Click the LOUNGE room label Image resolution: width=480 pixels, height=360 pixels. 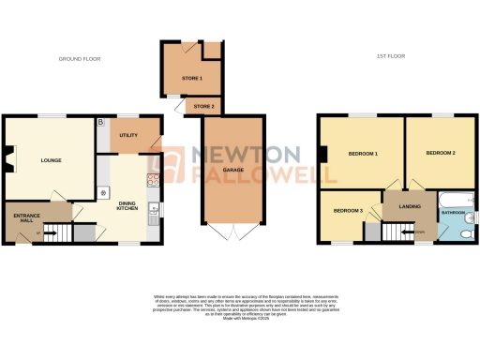point(51,160)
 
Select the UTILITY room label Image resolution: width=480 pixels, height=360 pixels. point(128,136)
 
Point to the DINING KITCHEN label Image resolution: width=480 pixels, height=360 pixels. point(127,206)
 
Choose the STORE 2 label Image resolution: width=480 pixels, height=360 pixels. point(203,107)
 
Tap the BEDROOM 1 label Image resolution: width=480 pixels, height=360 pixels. point(362,153)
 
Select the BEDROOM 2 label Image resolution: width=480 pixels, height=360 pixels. point(440,153)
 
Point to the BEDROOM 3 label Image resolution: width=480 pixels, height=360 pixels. point(348,210)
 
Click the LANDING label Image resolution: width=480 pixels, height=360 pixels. point(410,206)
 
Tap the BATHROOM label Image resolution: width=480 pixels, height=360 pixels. point(454,214)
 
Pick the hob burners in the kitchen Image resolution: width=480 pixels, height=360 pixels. point(150,180)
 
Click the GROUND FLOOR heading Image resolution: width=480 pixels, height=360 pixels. point(80,59)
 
